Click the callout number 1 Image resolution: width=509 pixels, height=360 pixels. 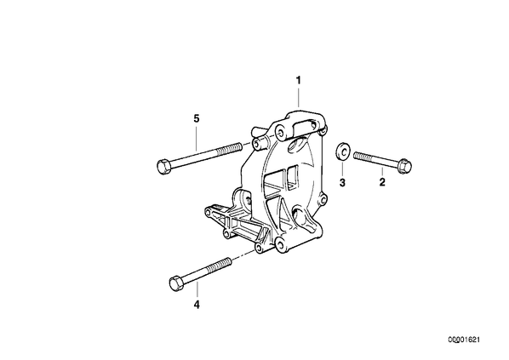coord(298,80)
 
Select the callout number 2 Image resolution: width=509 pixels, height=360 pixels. coord(382,182)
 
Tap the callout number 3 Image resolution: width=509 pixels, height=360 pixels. coord(342,182)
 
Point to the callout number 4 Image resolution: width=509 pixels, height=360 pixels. coord(197,305)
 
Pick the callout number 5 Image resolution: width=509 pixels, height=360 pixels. coord(197,118)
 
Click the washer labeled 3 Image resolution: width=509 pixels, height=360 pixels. coord(342,151)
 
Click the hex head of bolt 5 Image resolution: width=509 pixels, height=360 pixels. coord(163,167)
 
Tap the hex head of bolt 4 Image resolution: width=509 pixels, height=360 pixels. coord(176,283)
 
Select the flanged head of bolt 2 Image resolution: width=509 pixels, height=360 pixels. coord(405,165)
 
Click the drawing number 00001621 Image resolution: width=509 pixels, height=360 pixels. coord(464,340)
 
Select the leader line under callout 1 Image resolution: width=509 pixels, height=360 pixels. coord(298,96)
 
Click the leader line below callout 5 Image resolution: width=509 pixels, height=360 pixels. coord(197,137)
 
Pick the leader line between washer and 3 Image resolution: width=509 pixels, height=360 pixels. coord(342,168)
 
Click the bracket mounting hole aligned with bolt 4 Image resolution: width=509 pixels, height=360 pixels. coord(259,249)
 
